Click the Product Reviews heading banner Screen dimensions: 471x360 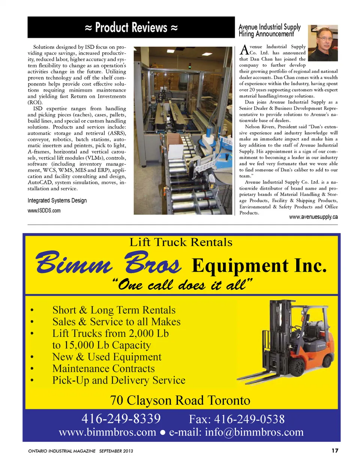131,27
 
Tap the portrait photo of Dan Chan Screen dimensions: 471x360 322,43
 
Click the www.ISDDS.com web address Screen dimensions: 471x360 44,211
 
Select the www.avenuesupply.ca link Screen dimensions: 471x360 313,217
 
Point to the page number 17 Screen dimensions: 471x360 334,450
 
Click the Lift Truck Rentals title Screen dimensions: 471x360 181,242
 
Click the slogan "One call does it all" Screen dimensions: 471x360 182,285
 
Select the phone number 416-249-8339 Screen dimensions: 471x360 121,418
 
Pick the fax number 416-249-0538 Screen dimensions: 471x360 237,419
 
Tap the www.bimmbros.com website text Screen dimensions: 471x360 107,432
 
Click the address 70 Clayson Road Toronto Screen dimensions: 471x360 180,400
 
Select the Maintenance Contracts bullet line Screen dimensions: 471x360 103,369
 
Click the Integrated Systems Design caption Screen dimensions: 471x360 57,200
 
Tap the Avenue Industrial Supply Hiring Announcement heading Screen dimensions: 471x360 269,30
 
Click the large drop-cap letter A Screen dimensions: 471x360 244,50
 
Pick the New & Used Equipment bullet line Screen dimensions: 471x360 107,357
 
